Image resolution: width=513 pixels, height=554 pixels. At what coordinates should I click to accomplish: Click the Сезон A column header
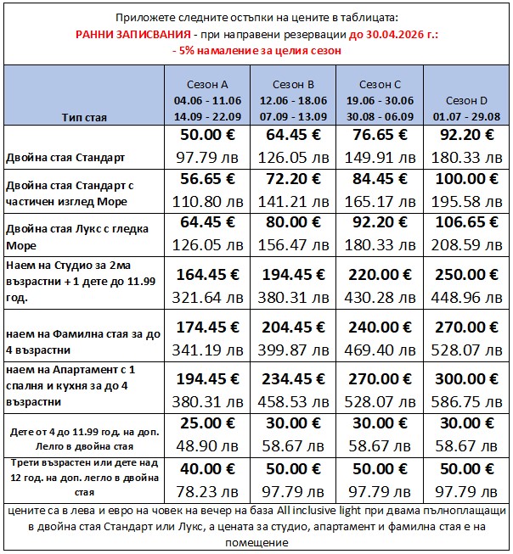(206, 85)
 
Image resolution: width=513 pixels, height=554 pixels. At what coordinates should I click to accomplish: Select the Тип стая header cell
(84, 117)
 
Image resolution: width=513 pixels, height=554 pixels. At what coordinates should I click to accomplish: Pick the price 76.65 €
(379, 136)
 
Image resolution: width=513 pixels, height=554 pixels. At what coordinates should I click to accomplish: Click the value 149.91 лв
(379, 158)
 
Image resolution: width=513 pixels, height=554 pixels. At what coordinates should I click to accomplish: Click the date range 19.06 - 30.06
(379, 100)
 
